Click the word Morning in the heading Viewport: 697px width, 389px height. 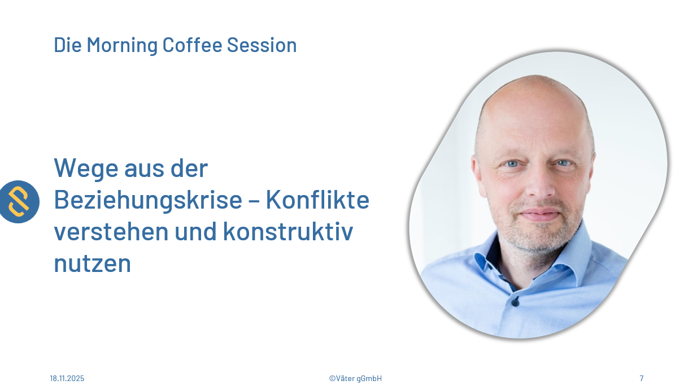(x=122, y=45)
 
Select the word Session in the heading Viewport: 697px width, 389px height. (x=262, y=45)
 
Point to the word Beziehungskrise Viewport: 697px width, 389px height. (x=148, y=201)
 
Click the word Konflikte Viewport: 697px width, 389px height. (x=317, y=200)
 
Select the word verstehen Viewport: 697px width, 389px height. (x=111, y=231)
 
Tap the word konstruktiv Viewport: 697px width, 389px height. (x=288, y=231)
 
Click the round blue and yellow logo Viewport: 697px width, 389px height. (x=19, y=202)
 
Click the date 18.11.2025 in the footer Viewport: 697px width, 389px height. (x=67, y=378)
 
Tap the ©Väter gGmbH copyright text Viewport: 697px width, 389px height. (x=355, y=378)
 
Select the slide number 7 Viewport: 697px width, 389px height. (x=641, y=378)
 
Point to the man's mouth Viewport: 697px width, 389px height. (x=540, y=214)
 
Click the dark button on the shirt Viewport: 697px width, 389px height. (x=515, y=302)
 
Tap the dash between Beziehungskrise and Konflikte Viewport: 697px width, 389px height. (x=254, y=201)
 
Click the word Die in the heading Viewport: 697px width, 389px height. (x=68, y=45)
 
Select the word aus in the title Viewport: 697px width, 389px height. (x=145, y=170)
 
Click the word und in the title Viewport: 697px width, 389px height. (x=196, y=231)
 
